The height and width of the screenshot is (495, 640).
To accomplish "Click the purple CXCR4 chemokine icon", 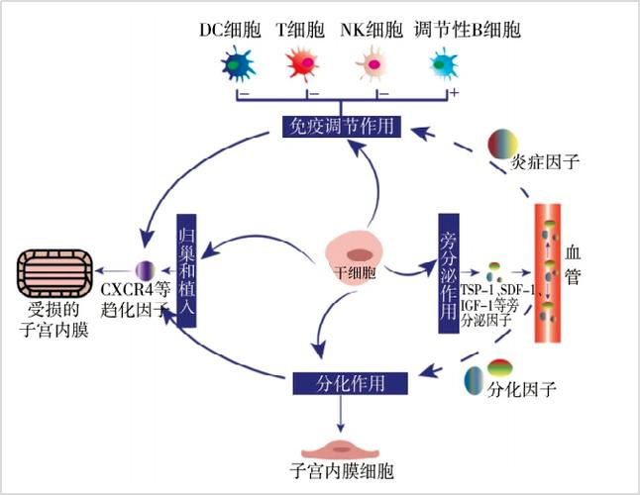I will point(144,269).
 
